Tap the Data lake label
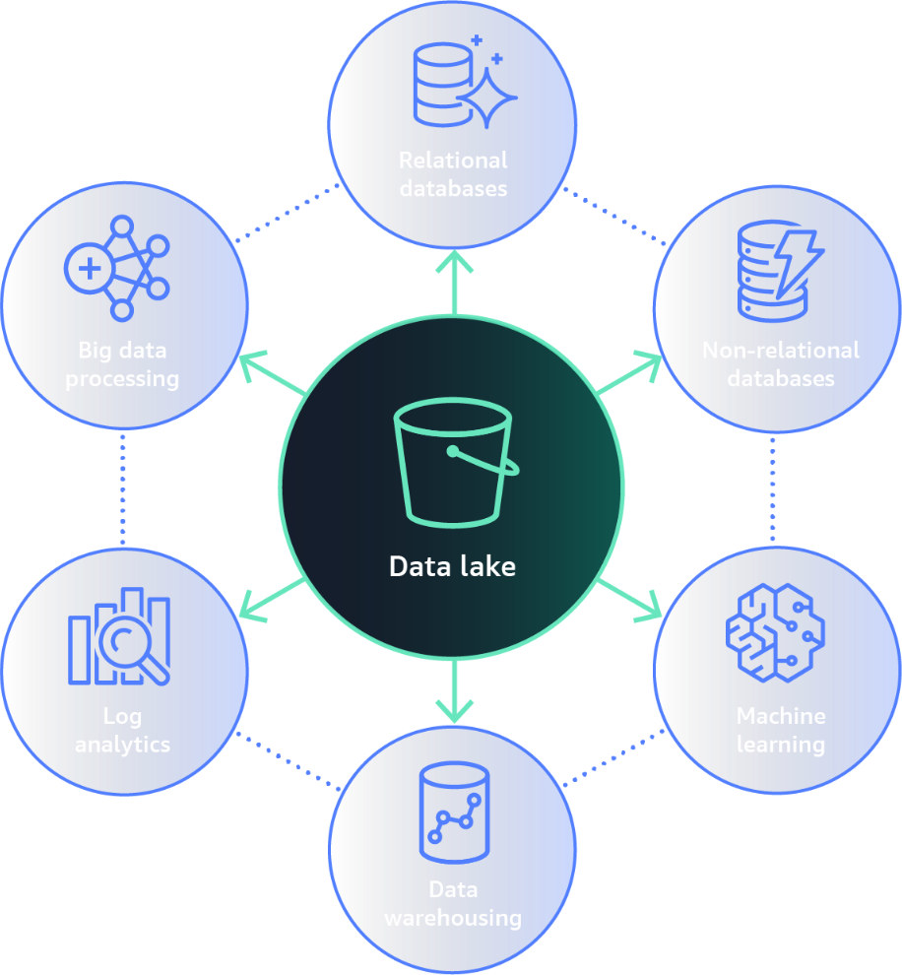(452, 567)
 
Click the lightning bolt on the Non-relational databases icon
(797, 261)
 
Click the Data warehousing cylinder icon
(454, 813)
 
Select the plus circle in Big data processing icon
(89, 268)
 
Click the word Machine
(781, 716)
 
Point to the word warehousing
(453, 918)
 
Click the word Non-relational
(781, 351)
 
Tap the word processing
(123, 379)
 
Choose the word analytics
(123, 745)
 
